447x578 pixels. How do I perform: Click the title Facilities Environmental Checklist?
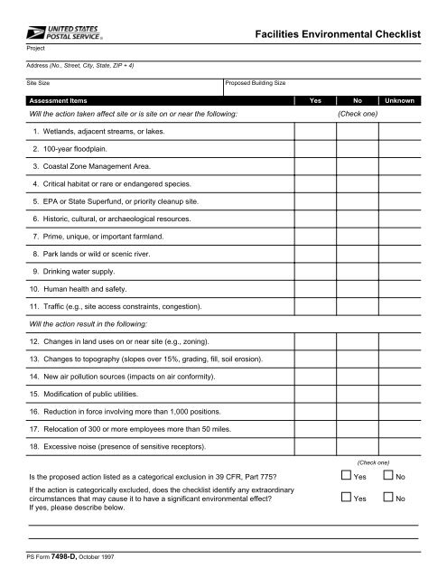tap(339, 34)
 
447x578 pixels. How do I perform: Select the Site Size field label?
tap(37, 82)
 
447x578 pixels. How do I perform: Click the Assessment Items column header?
tap(59, 101)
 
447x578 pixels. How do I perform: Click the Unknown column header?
tap(399, 101)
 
